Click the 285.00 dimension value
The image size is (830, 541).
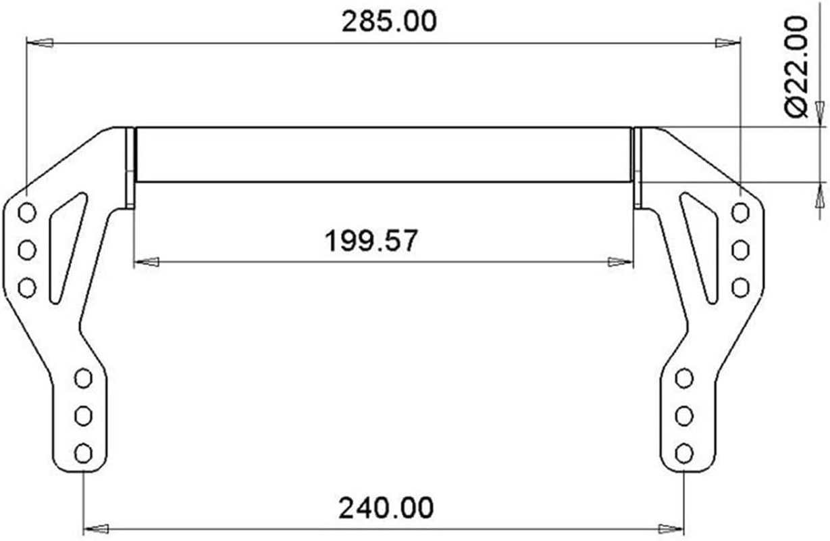(x=389, y=21)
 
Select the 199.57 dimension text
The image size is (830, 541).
(x=371, y=241)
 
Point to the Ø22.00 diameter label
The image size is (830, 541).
(x=798, y=68)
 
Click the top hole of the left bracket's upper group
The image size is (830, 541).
(x=27, y=213)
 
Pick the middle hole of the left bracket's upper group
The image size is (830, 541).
(x=27, y=250)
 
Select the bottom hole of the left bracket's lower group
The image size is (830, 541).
(x=83, y=452)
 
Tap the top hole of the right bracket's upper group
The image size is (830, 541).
(x=740, y=213)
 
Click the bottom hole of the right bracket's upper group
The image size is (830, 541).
(x=740, y=287)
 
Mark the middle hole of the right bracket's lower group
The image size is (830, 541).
(x=683, y=415)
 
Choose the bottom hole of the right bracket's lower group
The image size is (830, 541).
(x=683, y=452)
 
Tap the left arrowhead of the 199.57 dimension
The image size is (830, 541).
(x=148, y=261)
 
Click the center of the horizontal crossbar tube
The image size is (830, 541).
(x=384, y=154)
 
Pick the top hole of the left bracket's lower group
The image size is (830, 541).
(x=83, y=378)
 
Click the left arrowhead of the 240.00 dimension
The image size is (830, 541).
(x=97, y=528)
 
